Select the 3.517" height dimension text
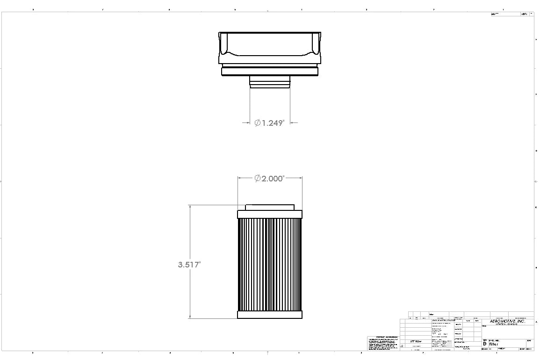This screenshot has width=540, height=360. click(x=189, y=265)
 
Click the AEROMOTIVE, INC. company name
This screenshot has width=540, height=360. click(x=507, y=321)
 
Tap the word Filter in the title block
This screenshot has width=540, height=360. click(x=494, y=344)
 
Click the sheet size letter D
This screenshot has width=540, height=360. click(x=485, y=344)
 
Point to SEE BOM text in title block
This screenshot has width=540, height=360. click(x=416, y=341)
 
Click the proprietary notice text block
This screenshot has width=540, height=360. click(x=383, y=343)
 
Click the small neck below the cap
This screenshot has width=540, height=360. click(x=270, y=82)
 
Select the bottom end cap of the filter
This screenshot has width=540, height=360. click(x=270, y=315)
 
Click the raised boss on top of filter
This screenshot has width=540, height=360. click(x=270, y=207)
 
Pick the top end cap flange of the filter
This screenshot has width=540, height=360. click(x=270, y=214)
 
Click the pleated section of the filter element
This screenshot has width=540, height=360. click(x=270, y=264)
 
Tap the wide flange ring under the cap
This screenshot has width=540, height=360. click(x=270, y=71)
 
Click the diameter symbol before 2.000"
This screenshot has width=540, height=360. click(x=258, y=179)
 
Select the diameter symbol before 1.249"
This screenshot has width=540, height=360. click(x=258, y=123)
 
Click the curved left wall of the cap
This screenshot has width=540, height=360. click(x=223, y=47)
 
